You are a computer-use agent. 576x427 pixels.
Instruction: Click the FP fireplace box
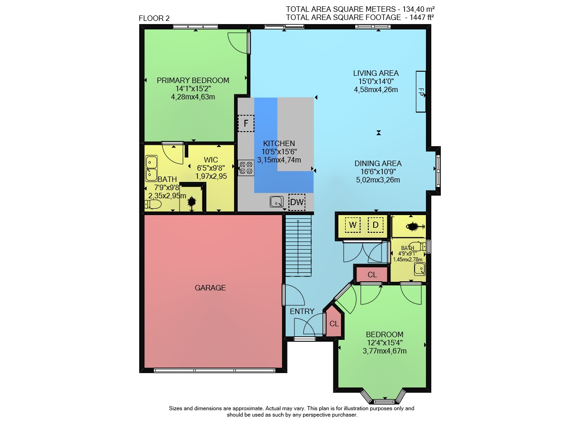tap(420, 92)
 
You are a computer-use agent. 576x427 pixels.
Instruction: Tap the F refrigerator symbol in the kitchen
tap(246, 123)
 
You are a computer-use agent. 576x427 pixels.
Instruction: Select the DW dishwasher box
tap(297, 202)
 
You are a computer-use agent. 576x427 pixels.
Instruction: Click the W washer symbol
tap(352, 225)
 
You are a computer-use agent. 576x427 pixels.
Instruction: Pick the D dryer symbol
tap(376, 225)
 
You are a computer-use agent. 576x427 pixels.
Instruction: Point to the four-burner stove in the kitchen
tap(246, 167)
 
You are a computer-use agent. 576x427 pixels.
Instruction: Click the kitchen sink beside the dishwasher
tap(277, 201)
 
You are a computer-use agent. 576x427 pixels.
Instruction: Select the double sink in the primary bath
tap(151, 168)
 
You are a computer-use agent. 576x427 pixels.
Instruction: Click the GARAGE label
tap(210, 288)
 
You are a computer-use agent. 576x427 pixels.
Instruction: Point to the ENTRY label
tap(302, 311)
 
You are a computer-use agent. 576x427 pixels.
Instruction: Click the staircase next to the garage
tap(298, 245)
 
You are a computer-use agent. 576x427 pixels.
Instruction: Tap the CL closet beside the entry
tap(334, 322)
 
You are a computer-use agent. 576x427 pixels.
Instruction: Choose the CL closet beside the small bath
tap(372, 275)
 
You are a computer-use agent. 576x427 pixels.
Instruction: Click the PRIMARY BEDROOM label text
tap(193, 81)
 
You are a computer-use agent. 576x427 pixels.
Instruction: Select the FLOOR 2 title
tap(154, 19)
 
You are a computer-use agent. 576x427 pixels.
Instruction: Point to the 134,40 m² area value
tap(418, 9)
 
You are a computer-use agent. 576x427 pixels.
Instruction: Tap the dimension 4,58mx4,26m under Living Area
tap(376, 90)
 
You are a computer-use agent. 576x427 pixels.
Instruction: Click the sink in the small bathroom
tap(420, 269)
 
